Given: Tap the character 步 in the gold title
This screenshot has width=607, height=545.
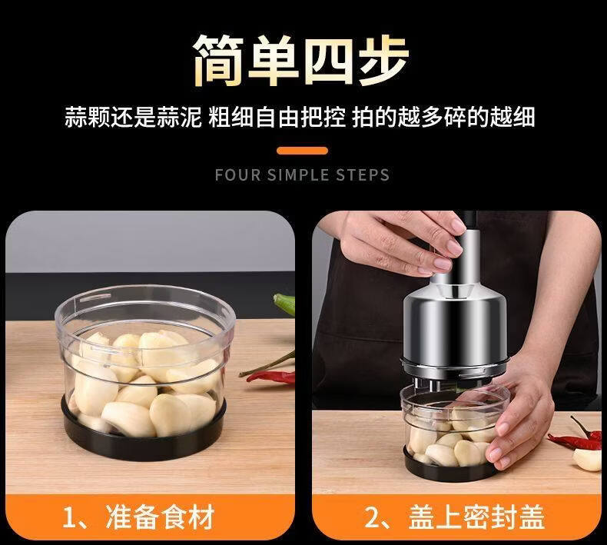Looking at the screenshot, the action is (x=383, y=60).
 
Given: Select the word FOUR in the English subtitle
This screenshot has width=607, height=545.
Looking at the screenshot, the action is (x=237, y=175).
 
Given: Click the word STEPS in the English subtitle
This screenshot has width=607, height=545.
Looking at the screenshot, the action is (x=363, y=175).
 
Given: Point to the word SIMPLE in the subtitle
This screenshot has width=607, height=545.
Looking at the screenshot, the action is (x=298, y=175).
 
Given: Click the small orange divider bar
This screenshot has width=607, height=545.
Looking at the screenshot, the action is (x=302, y=151).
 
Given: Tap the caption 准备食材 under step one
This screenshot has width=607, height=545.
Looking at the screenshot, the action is (x=160, y=517).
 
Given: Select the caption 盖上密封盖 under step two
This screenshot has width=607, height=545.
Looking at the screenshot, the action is (x=476, y=517).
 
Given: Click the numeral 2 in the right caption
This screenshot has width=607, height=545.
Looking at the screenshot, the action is (x=373, y=517).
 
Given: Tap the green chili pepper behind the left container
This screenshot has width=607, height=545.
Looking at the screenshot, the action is (x=284, y=303).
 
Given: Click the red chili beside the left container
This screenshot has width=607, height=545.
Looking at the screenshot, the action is (x=271, y=377).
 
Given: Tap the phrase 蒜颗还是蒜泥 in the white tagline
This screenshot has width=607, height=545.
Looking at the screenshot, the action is (x=133, y=117).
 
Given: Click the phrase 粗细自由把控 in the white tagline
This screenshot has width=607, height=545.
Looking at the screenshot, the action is (x=277, y=117).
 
